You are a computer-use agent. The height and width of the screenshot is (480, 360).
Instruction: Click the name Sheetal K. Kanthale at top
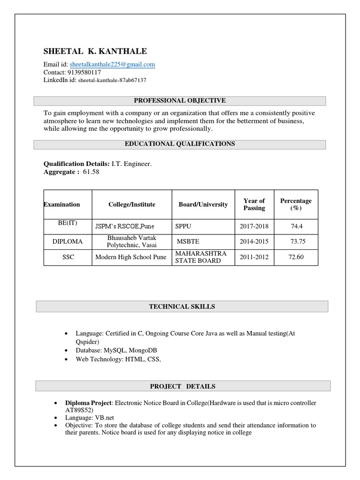click(x=95, y=52)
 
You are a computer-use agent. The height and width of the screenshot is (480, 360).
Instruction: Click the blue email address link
click(x=112, y=65)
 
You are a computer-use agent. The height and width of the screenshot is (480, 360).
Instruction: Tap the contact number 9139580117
click(x=81, y=73)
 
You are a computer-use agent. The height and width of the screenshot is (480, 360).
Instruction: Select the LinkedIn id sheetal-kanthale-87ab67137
click(x=112, y=80)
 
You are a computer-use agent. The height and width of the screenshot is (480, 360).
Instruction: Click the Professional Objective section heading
click(x=180, y=101)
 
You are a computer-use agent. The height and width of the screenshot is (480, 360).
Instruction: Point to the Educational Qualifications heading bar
click(x=180, y=144)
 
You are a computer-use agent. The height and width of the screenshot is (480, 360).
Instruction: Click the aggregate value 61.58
click(x=91, y=172)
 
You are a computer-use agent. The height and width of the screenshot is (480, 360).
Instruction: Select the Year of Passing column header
click(x=254, y=204)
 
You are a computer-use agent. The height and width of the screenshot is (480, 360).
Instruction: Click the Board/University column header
click(x=203, y=204)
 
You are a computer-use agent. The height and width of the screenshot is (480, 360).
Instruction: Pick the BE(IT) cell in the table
click(x=67, y=223)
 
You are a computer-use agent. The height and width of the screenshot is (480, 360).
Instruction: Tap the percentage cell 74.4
click(x=296, y=226)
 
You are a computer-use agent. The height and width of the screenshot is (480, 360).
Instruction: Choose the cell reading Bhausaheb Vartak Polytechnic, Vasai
click(x=132, y=241)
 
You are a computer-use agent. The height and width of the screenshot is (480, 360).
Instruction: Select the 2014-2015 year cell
click(x=254, y=241)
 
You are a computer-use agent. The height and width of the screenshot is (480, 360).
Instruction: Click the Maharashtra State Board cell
click(x=194, y=257)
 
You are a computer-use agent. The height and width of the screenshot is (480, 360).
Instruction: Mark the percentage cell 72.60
click(x=296, y=257)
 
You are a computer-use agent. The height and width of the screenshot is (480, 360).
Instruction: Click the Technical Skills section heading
click(x=182, y=307)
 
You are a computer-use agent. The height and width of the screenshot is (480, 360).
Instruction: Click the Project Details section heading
click(x=183, y=386)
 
